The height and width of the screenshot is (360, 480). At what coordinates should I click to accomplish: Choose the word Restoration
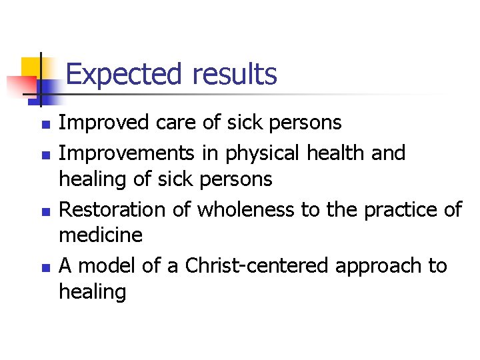[x=113, y=210]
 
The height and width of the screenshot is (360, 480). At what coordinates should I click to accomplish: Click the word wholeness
[x=245, y=210]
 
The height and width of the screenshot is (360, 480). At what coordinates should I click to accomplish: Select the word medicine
[x=101, y=235]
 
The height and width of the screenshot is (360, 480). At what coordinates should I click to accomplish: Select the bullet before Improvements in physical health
[x=45, y=154]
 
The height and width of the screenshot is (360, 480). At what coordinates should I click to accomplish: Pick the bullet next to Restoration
[x=45, y=211]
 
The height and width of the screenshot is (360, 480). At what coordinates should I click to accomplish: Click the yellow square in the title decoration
[x=31, y=67]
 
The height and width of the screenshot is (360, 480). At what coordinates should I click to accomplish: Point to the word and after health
[x=389, y=153]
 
